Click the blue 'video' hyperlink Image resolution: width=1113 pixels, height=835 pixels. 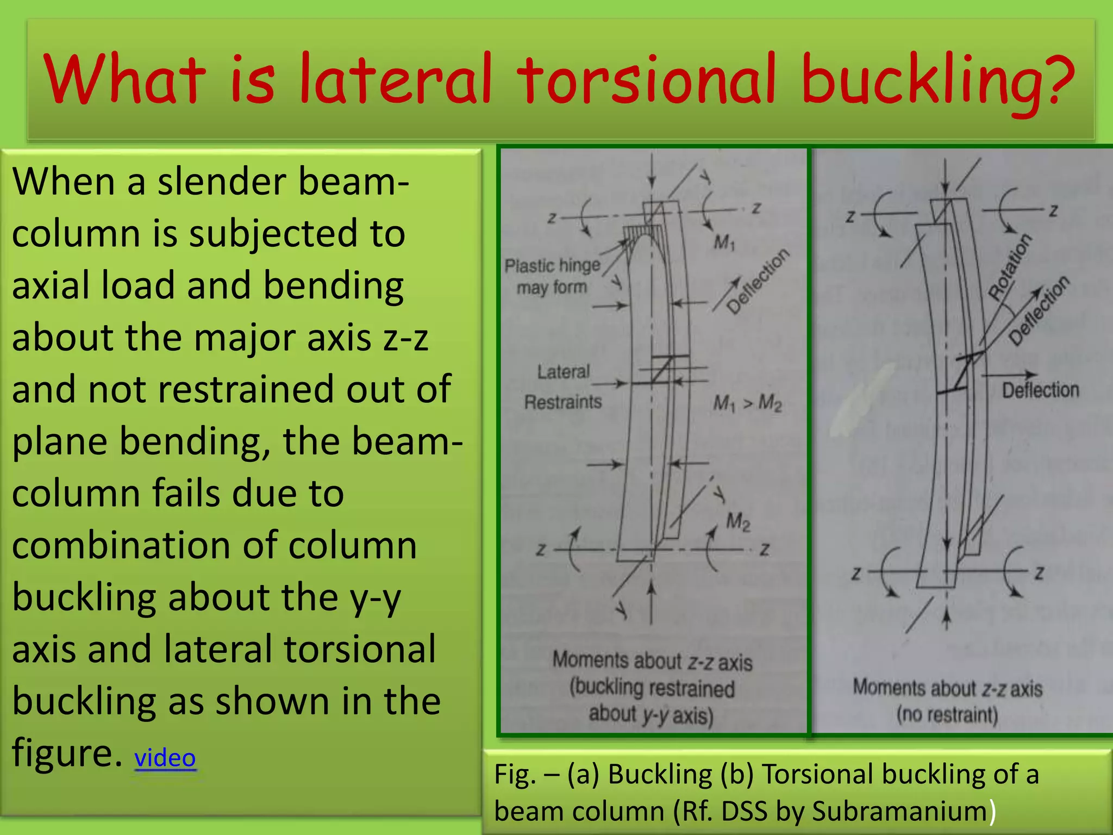pyautogui.click(x=165, y=757)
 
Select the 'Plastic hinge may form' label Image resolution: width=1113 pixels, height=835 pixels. pyautogui.click(x=552, y=276)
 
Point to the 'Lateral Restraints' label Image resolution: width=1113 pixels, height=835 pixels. pyautogui.click(x=563, y=387)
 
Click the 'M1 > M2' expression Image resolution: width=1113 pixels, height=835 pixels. pyautogui.click(x=747, y=403)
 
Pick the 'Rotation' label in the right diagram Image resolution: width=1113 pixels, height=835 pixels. pyautogui.click(x=1009, y=267)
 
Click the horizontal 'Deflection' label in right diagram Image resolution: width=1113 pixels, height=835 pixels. pyautogui.click(x=1040, y=390)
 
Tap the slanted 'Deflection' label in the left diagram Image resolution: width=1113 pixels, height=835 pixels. pyautogui.click(x=758, y=281)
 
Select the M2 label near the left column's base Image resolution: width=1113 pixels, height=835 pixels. pyautogui.click(x=738, y=522)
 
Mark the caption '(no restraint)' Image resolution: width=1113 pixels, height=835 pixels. pyautogui.click(x=947, y=714)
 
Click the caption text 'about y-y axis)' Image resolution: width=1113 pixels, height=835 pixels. pyautogui.click(x=651, y=715)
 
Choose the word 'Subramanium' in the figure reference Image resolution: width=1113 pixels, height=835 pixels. pyautogui.click(x=899, y=811)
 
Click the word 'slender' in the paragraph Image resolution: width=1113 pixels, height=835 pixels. pyautogui.click(x=220, y=182)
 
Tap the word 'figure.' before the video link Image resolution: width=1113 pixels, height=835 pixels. pyautogui.click(x=67, y=753)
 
